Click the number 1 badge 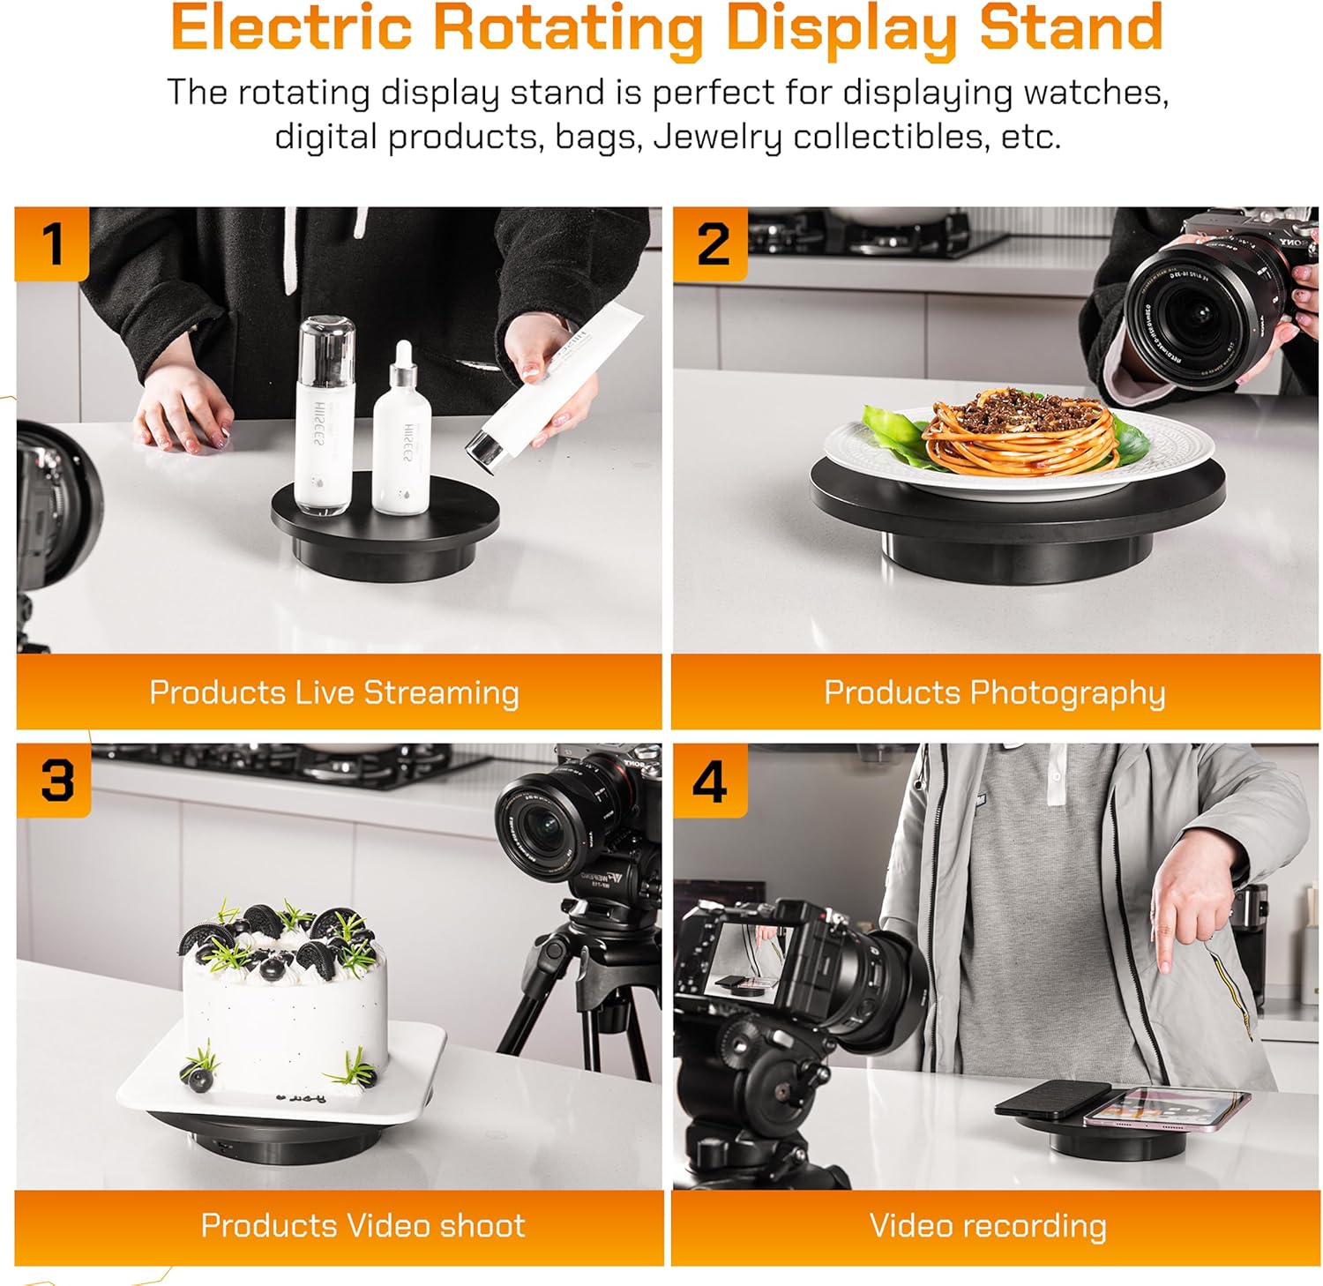coord(52,244)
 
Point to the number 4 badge coord(710,781)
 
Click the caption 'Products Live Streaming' coord(334,692)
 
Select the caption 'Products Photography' coord(994,692)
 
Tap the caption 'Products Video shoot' coord(363,1225)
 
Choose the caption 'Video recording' coord(988,1225)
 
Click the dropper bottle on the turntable coord(402,437)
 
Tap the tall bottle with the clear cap coord(325,415)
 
